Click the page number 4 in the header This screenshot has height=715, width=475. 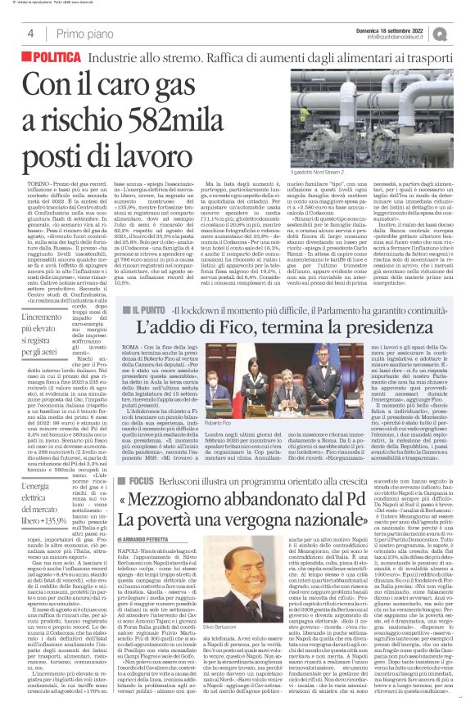[29, 34]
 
